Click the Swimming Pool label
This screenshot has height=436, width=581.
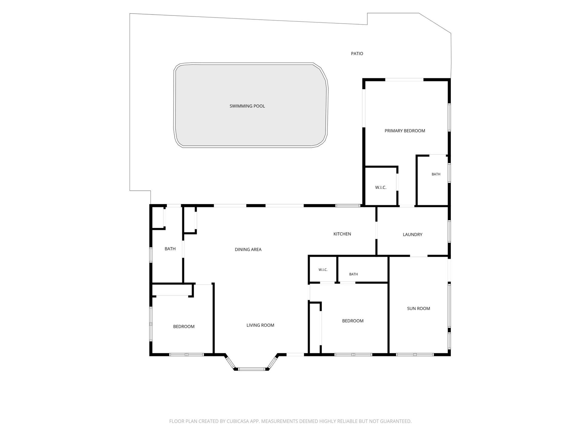(247, 106)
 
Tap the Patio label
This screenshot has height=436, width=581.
(357, 54)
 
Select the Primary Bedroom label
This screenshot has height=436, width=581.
(405, 131)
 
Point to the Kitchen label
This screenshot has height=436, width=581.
(342, 234)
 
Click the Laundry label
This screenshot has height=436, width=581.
(412, 234)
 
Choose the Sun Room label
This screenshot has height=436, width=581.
(419, 309)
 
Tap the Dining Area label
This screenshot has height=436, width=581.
(248, 249)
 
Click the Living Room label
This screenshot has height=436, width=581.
(260, 325)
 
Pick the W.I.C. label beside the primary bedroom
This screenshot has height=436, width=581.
(381, 187)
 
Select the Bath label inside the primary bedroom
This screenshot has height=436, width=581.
(436, 174)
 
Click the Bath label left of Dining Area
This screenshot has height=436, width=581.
(170, 249)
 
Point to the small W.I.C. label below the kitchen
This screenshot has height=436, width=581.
(323, 270)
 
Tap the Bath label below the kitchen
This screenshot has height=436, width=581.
(353, 274)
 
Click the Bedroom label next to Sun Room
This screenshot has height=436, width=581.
(353, 321)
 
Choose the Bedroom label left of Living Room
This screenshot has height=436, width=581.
(184, 326)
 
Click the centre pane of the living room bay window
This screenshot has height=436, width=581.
(252, 369)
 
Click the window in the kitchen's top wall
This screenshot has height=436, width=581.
(348, 206)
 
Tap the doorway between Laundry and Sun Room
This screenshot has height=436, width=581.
(419, 256)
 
